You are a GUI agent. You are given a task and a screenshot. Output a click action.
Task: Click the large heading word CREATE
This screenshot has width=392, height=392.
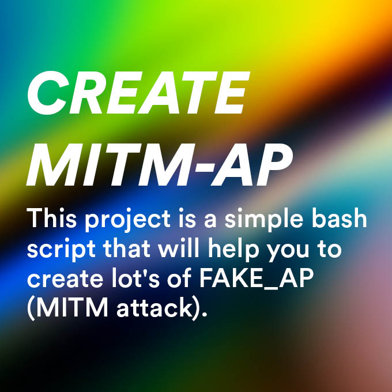(x=138, y=92)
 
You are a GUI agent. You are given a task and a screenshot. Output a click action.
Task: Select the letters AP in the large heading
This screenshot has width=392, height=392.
(x=251, y=164)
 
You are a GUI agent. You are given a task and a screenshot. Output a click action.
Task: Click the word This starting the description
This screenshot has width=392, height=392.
(x=51, y=218)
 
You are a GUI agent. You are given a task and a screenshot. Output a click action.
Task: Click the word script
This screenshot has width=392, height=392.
(x=61, y=250)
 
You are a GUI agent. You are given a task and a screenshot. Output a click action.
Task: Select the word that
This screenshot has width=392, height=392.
(x=126, y=247)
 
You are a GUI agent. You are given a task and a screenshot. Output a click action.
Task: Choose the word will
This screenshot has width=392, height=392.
(x=178, y=247)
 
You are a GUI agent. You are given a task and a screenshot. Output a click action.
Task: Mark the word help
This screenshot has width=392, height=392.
(x=233, y=250)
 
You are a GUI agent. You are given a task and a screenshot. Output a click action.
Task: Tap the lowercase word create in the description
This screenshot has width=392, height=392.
(x=65, y=279)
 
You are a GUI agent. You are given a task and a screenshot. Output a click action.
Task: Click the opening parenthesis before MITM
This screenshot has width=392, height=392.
(x=31, y=309)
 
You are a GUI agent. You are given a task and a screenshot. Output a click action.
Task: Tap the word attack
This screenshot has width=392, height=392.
(x=154, y=307)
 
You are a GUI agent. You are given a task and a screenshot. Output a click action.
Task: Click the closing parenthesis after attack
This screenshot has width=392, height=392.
(x=195, y=309)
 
